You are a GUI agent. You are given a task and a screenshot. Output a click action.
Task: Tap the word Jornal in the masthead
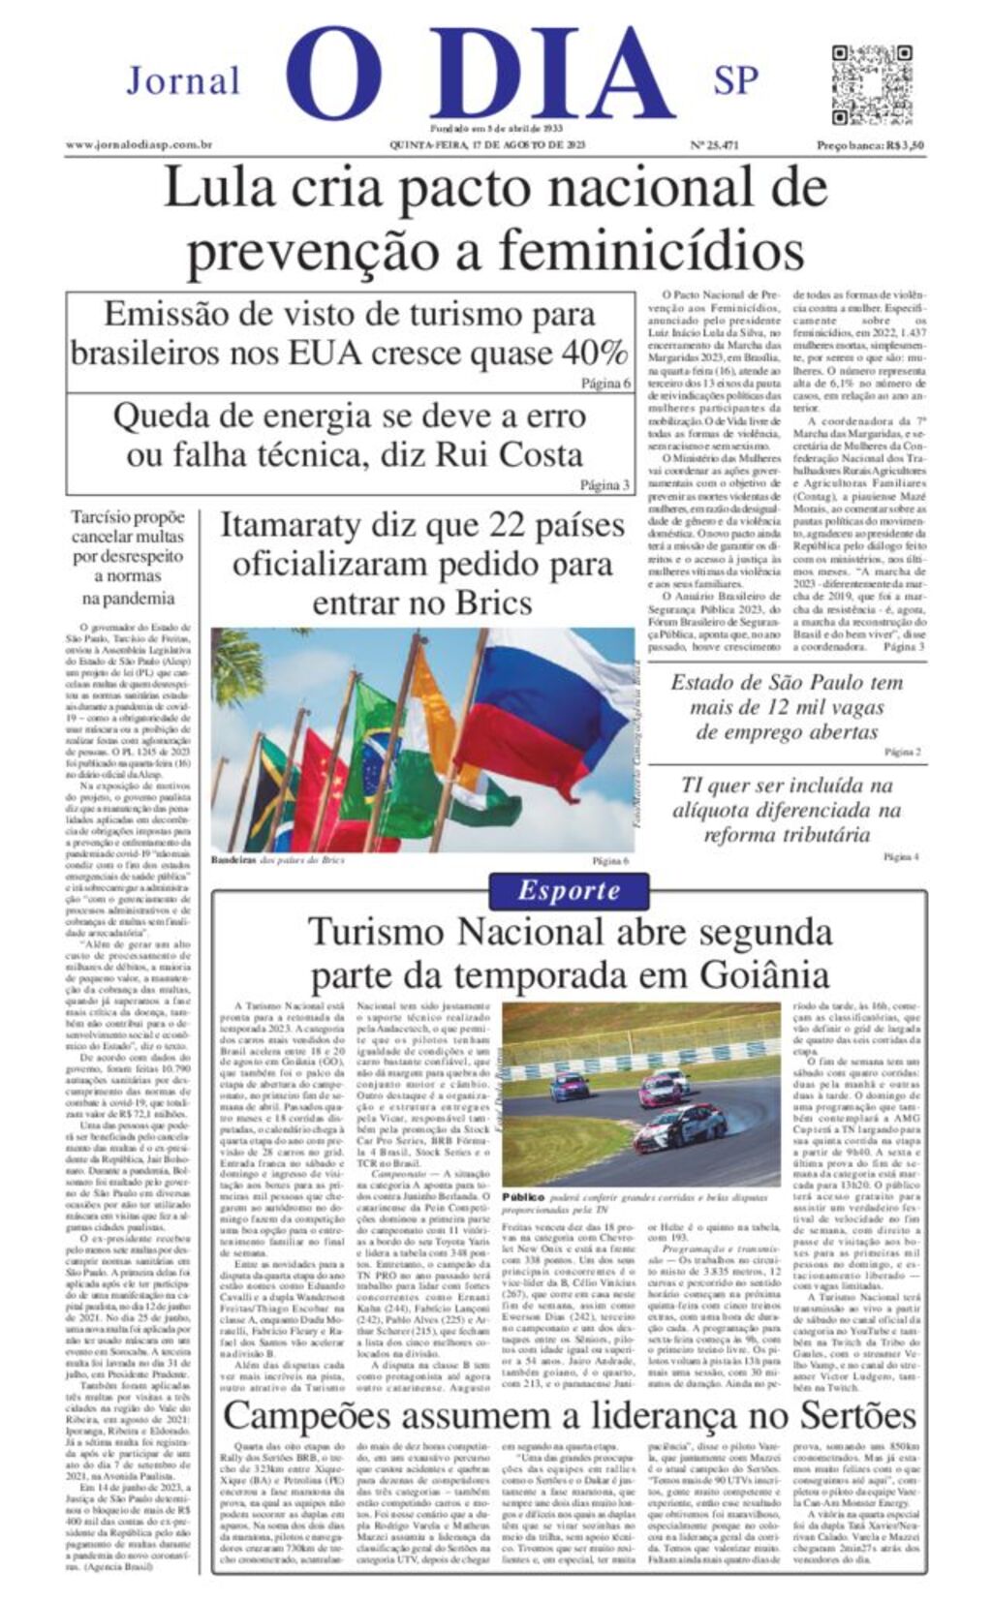(183, 81)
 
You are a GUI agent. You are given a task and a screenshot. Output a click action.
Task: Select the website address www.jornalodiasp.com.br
(139, 145)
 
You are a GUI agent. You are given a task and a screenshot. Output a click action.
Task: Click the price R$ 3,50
(902, 145)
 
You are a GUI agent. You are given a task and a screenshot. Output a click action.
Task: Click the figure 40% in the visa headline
(594, 352)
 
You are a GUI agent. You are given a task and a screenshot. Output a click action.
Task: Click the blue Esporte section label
(569, 890)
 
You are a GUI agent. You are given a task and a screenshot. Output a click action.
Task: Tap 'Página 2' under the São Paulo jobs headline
(903, 752)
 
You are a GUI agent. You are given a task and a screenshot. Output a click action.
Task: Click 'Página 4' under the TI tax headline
(901, 856)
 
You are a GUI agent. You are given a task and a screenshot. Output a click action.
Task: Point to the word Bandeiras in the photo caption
(232, 859)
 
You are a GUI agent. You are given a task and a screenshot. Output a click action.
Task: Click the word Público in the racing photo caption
(523, 1197)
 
